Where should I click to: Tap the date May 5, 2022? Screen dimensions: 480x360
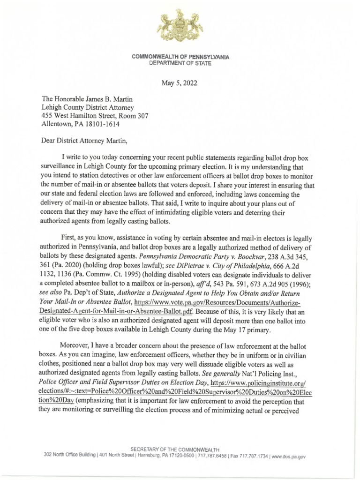[180, 84]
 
